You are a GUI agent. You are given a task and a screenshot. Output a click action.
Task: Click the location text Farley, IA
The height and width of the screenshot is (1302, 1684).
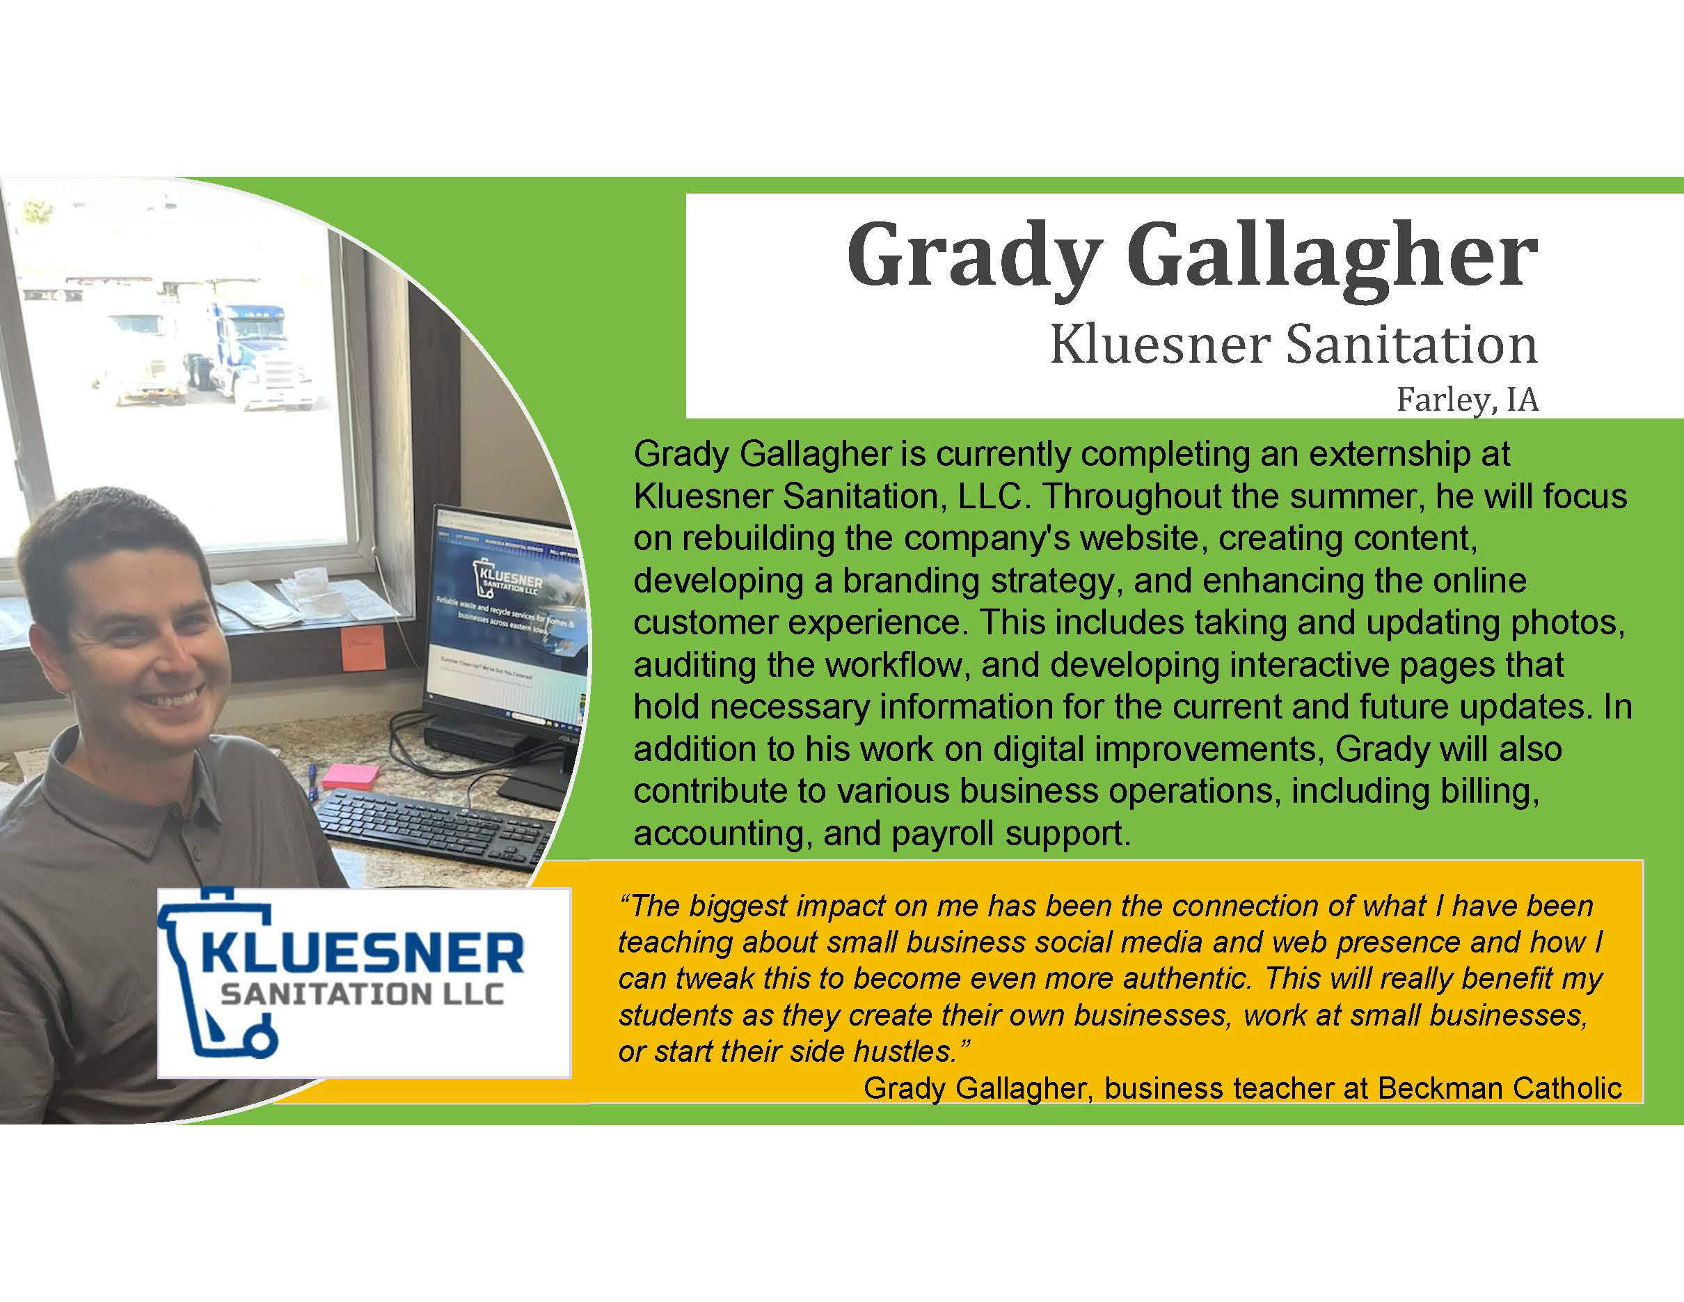click(x=1467, y=400)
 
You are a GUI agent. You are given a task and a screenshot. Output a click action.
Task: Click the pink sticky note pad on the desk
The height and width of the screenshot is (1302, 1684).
click(x=351, y=776)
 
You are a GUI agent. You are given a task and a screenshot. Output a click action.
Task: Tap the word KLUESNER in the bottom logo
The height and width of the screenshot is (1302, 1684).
click(x=363, y=953)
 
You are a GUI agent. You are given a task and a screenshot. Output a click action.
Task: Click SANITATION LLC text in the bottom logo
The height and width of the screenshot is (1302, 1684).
click(x=363, y=994)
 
